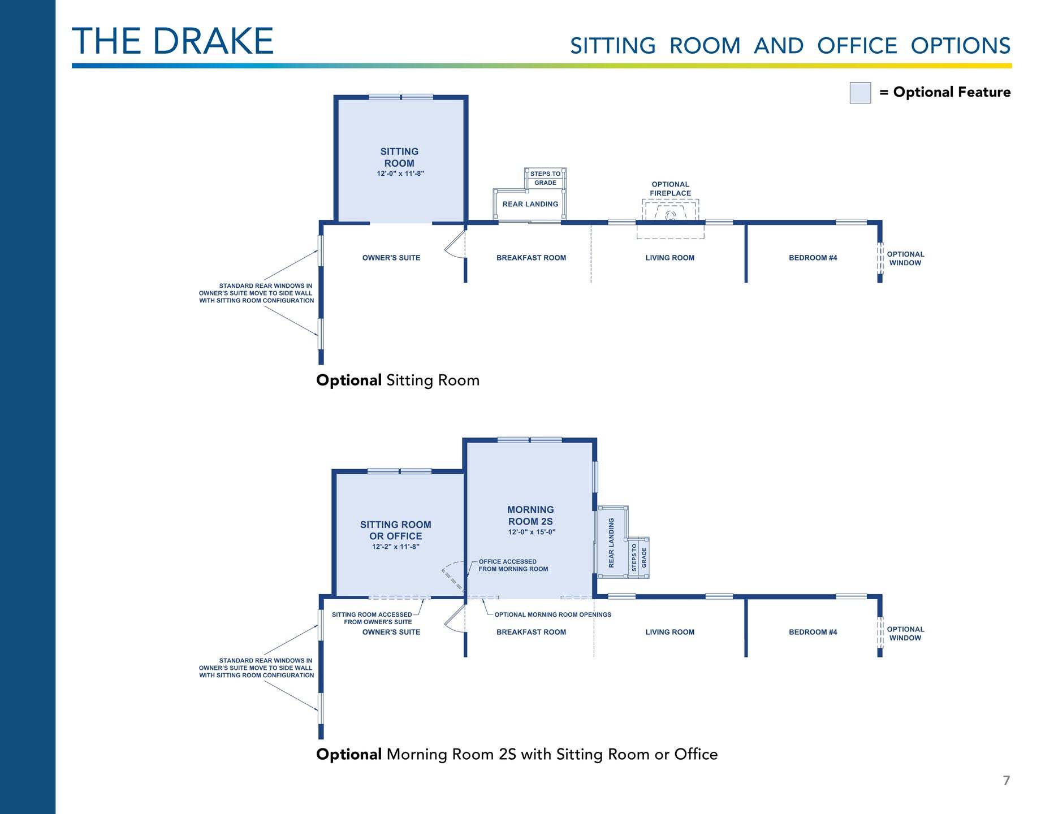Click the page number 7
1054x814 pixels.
click(x=1006, y=781)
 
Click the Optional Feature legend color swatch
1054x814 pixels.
click(x=860, y=93)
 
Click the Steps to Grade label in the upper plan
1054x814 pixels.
click(x=545, y=178)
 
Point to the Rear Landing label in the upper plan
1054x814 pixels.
click(x=530, y=204)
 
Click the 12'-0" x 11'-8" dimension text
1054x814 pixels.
click(x=400, y=174)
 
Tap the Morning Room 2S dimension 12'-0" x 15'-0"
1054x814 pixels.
click(x=532, y=532)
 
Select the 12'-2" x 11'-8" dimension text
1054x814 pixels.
click(x=396, y=547)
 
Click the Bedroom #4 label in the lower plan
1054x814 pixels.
click(x=813, y=632)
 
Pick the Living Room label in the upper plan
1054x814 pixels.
click(x=670, y=258)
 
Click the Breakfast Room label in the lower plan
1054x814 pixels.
click(x=531, y=632)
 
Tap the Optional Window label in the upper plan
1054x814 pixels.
click(x=905, y=258)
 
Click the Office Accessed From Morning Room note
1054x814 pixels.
click(x=513, y=565)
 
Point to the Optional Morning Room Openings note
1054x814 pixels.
click(x=552, y=614)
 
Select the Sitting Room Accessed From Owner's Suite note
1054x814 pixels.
click(x=372, y=618)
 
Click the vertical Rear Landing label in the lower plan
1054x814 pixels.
click(x=611, y=543)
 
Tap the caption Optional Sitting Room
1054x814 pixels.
click(x=398, y=380)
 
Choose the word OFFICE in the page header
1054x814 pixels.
click(x=857, y=46)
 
